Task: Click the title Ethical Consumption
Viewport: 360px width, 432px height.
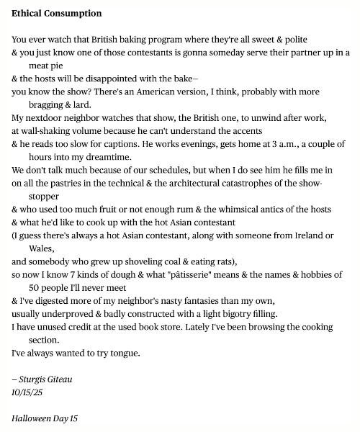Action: pos(57,14)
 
